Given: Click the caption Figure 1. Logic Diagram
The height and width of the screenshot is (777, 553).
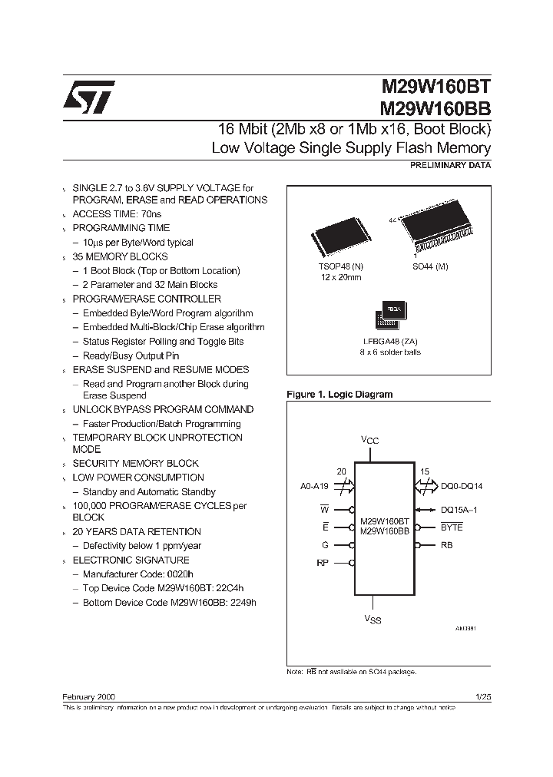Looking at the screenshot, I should [x=339, y=395].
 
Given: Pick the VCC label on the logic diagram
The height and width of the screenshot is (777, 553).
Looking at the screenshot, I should [x=370, y=440].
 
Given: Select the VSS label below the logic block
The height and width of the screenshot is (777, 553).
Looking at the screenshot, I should [x=372, y=619].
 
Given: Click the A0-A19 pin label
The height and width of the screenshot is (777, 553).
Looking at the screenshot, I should [x=314, y=486].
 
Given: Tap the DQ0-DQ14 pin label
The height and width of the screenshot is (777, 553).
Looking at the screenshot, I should [x=462, y=486].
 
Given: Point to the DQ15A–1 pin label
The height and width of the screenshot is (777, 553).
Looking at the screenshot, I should [x=465, y=509].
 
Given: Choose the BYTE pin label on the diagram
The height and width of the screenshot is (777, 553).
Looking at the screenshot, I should [x=452, y=527].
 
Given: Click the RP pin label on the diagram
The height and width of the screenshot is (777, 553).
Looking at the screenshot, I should [x=323, y=563].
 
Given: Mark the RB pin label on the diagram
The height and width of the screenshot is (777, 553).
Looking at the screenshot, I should [x=446, y=546].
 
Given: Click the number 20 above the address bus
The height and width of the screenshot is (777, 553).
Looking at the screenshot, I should [x=342, y=472].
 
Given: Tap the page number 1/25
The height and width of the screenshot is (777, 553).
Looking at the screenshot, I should [x=483, y=696].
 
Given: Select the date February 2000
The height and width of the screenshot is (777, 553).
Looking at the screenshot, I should [x=88, y=696].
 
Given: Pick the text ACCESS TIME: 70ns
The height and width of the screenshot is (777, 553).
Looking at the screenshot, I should [x=117, y=213].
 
